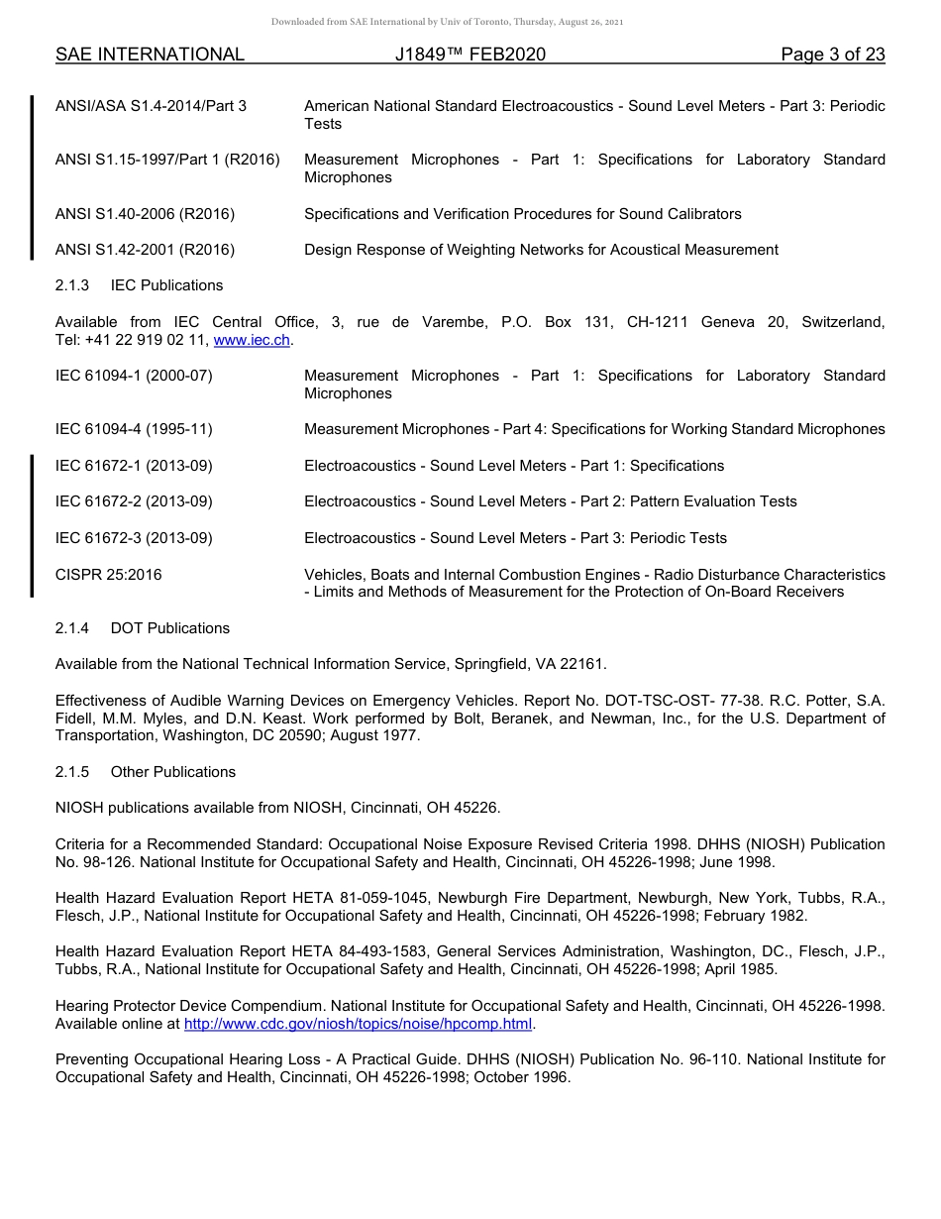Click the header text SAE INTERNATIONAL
150,55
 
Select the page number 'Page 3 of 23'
832,55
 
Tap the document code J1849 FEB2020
470,55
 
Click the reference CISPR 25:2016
109,575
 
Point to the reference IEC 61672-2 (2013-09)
134,501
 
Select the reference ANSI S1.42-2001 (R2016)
145,250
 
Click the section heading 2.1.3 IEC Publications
139,285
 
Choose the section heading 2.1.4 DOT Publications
142,628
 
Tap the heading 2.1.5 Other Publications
145,772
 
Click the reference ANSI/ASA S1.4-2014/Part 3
151,106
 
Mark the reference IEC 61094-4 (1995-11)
134,429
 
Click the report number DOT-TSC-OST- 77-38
645,701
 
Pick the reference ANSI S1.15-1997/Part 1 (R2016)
167,160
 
